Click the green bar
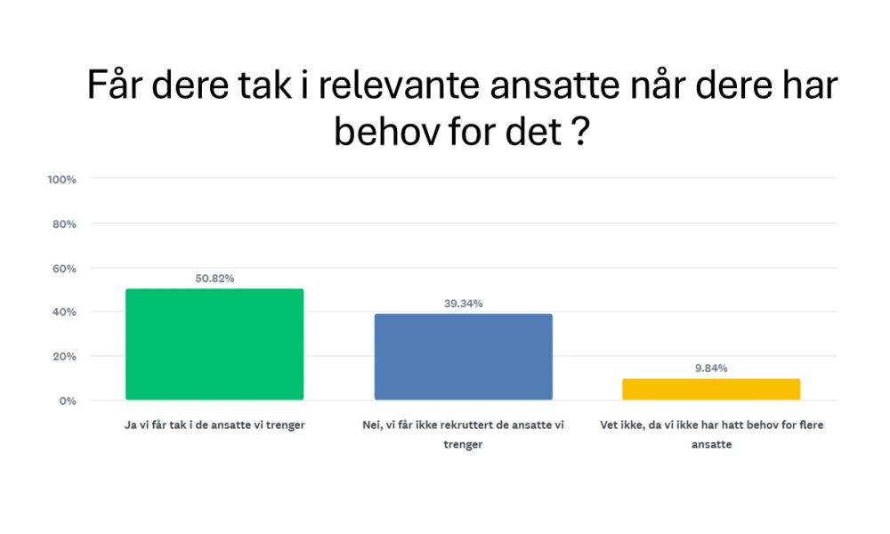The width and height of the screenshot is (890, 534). [214, 344]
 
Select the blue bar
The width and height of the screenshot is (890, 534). [463, 357]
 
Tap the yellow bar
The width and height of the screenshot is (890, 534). [711, 389]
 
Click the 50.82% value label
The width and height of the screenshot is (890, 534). [214, 279]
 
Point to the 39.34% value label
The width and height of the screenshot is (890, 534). [463, 303]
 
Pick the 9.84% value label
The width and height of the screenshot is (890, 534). [711, 368]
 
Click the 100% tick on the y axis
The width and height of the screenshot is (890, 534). [61, 179]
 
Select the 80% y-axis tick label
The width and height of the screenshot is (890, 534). [64, 223]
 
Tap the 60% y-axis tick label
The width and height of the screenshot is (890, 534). [64, 268]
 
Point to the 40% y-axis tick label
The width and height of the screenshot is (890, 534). [64, 312]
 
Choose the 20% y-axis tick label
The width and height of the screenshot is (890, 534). [64, 356]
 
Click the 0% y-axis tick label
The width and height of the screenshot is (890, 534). [68, 400]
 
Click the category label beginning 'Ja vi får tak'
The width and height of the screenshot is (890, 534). [214, 425]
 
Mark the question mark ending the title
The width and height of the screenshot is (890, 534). [579, 133]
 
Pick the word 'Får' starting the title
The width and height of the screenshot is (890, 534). [117, 86]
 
